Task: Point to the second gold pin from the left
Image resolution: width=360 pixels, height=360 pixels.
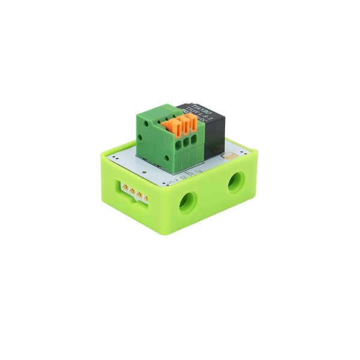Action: pos(131,191)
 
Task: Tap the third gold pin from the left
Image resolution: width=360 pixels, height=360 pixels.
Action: pos(139,194)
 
